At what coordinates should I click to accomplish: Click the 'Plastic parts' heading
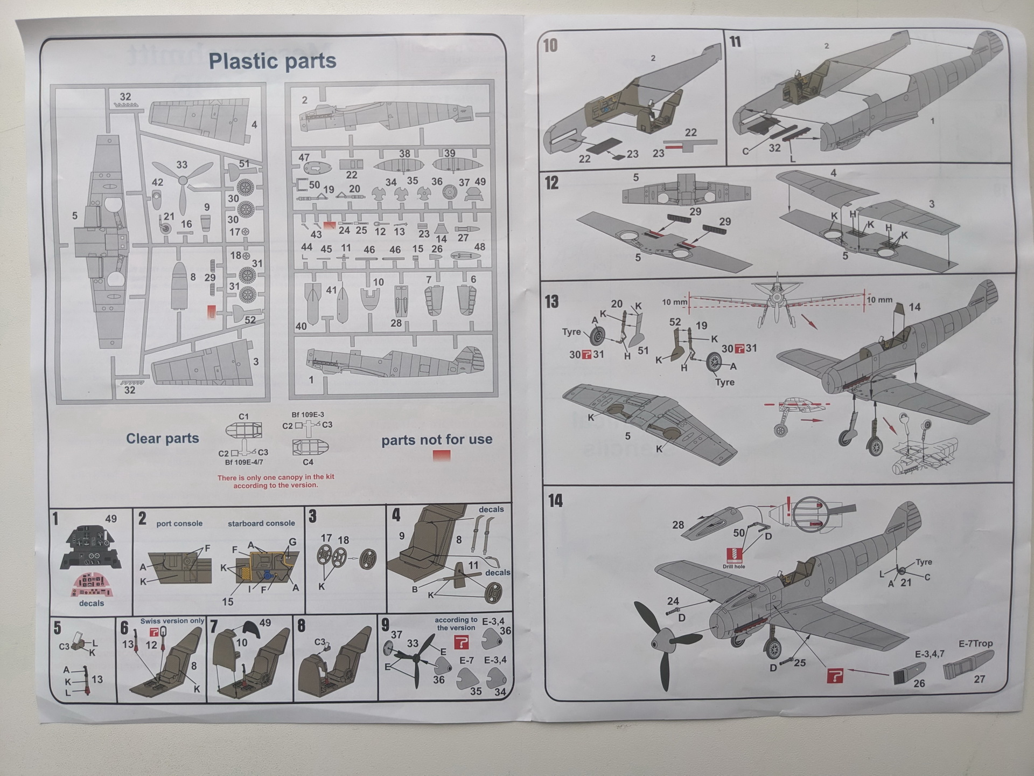coord(272,61)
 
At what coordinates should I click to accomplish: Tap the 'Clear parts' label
coord(162,439)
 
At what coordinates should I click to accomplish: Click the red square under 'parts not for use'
coord(441,455)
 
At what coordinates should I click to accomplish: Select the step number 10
coord(550,46)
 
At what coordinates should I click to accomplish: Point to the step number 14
coord(555,501)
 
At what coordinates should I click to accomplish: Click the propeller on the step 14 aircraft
coord(659,641)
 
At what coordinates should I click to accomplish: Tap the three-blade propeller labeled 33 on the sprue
coord(183,183)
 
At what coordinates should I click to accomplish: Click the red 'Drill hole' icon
coord(733,555)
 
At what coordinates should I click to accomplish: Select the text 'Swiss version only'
coord(172,621)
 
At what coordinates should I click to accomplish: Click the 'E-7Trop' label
coord(975,643)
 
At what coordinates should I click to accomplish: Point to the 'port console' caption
coord(179,523)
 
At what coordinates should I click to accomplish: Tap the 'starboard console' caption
coord(261,523)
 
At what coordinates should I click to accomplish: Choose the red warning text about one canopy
coord(276,481)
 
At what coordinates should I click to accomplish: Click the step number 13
coord(552,301)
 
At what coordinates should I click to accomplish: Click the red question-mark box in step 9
coord(462,642)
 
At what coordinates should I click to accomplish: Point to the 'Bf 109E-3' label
coord(308,415)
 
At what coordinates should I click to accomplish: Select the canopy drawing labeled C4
coord(309,447)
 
